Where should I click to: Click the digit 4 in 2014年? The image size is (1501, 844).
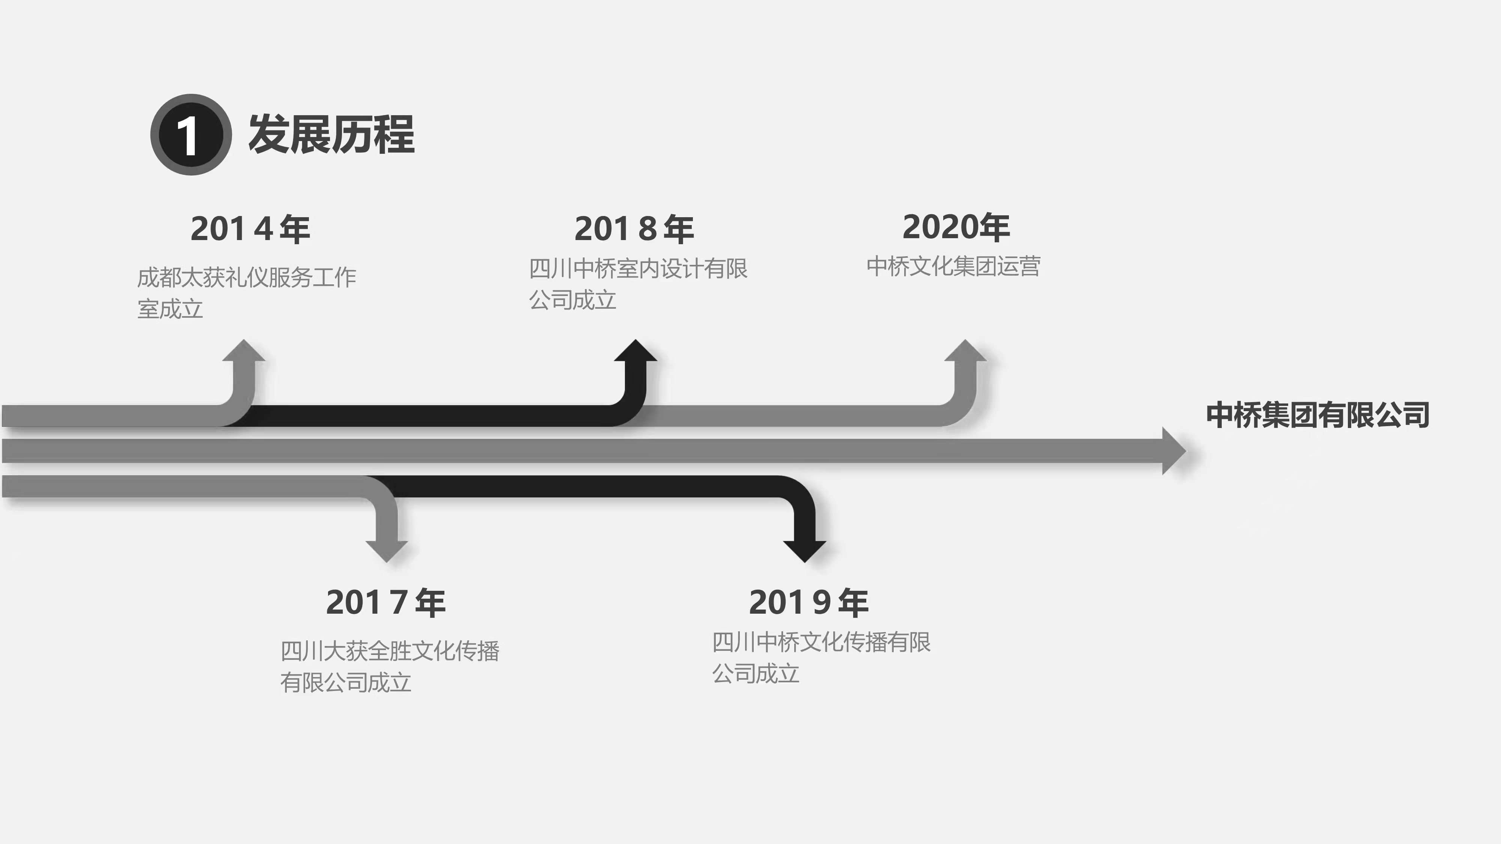[263, 228]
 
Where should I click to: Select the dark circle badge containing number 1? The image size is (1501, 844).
[191, 135]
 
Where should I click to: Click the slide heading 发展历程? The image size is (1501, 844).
[331, 135]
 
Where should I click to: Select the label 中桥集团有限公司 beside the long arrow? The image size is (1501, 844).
[1317, 415]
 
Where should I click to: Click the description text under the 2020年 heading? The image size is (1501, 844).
[953, 266]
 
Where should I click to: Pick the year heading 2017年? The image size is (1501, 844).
[386, 602]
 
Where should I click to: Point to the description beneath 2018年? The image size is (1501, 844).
[638, 284]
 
